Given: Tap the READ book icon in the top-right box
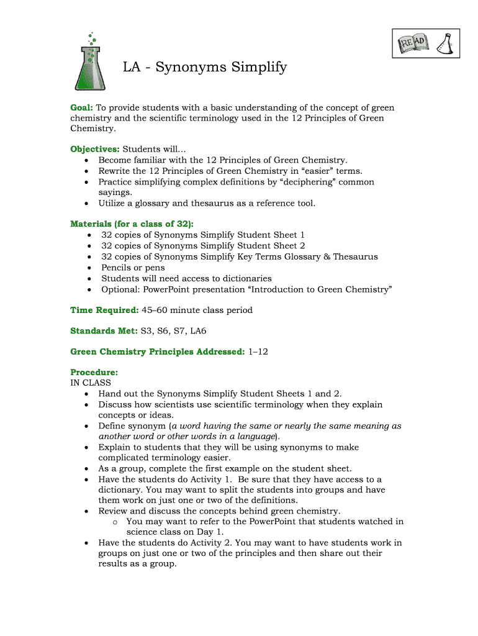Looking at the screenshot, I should tap(413, 43).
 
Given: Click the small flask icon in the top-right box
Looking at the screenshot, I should tap(445, 43).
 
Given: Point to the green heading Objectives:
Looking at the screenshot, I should tap(95, 149).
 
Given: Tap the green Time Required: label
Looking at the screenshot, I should tap(104, 310).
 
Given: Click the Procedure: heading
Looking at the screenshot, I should tap(94, 373).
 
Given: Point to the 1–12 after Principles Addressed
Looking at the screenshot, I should tap(258, 352).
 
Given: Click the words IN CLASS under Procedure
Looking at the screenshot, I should tap(91, 383).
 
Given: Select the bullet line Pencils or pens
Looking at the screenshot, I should tap(133, 268).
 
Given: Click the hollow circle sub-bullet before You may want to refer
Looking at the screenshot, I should tap(115, 522).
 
